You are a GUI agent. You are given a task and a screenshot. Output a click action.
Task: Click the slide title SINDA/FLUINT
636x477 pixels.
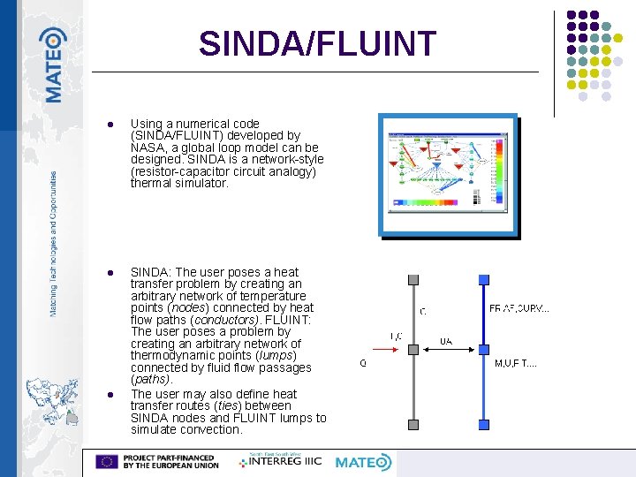click(317, 43)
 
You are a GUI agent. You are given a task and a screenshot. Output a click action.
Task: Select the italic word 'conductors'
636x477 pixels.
click(224, 320)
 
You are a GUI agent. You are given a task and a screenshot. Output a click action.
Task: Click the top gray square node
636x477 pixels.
click(413, 280)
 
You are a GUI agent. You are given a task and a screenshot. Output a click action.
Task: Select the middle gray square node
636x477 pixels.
click(413, 350)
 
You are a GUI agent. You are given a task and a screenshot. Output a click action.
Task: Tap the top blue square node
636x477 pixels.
click(483, 280)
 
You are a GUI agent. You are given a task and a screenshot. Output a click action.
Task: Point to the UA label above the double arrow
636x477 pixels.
click(447, 339)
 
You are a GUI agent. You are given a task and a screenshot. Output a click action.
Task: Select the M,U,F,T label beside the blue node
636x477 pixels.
click(516, 363)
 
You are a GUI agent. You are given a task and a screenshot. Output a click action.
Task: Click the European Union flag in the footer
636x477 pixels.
click(108, 461)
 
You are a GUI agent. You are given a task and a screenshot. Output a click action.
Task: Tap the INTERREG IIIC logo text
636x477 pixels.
click(283, 461)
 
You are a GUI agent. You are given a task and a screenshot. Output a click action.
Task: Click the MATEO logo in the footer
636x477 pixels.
click(363, 462)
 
